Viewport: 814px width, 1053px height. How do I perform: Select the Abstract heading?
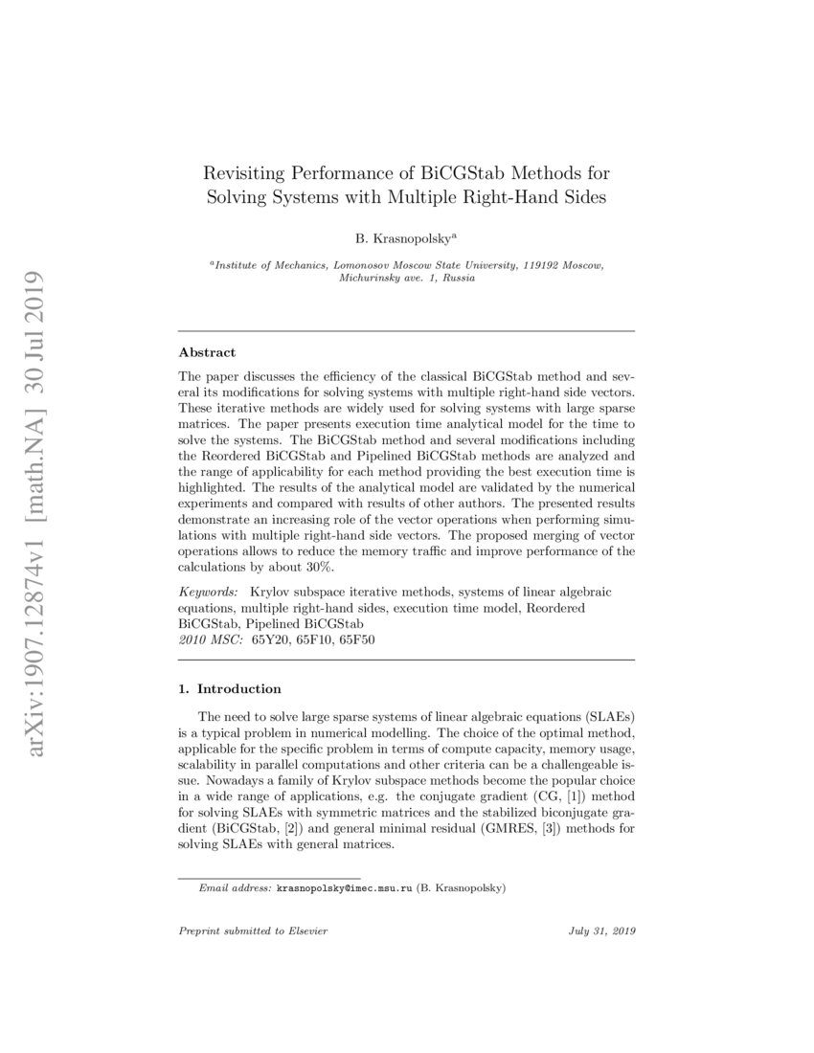tap(207, 353)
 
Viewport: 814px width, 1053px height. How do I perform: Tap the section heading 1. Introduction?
tap(230, 688)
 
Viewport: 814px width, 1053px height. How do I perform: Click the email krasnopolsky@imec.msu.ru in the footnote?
tap(345, 888)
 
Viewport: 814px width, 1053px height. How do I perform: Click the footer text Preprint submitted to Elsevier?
tap(239, 930)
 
